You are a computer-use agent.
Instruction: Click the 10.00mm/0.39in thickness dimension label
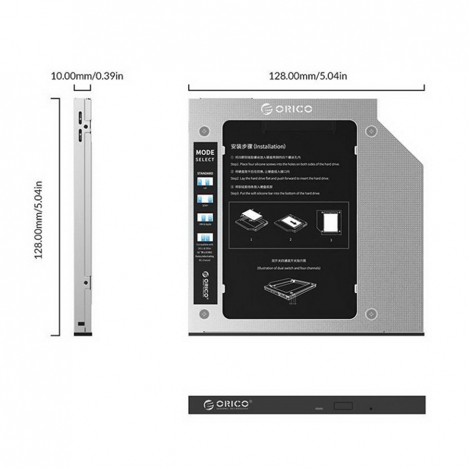point(86,76)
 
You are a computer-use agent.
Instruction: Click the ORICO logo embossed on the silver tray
point(287,108)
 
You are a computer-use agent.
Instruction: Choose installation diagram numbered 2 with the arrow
point(290,222)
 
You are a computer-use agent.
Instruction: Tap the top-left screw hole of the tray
point(203,131)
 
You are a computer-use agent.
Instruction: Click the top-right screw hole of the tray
point(369,131)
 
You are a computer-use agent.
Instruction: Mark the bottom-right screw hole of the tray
point(369,315)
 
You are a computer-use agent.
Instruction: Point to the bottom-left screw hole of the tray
point(203,315)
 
